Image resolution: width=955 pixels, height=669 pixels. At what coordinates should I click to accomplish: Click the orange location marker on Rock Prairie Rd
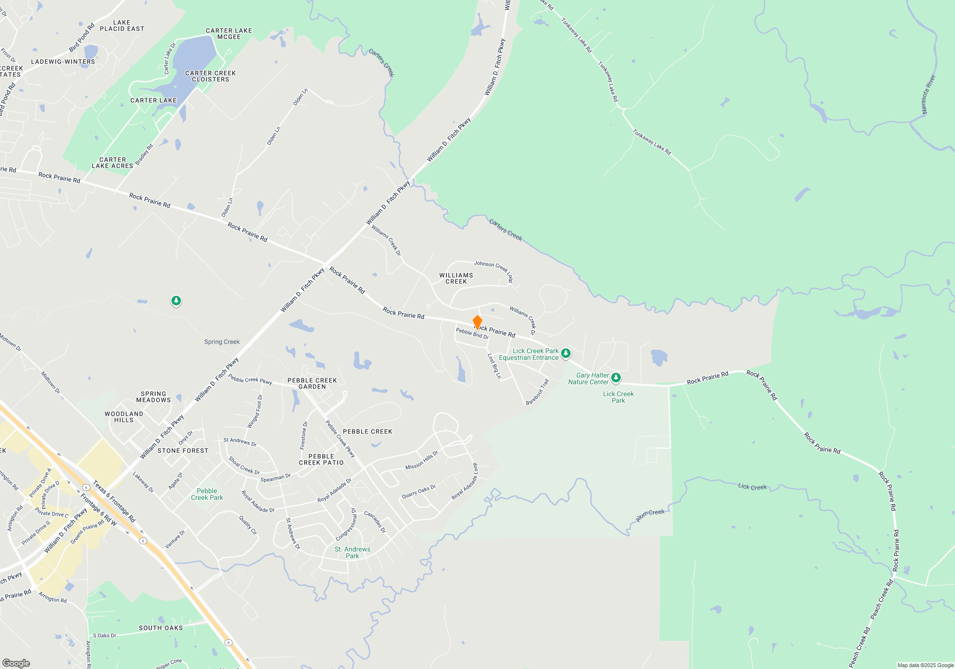pos(477,322)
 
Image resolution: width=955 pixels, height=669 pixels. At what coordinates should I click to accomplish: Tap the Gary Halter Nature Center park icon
pos(616,378)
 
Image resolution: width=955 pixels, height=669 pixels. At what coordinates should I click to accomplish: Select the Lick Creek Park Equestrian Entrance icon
pos(566,354)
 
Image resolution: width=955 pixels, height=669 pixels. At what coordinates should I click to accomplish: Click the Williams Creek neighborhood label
pos(456,279)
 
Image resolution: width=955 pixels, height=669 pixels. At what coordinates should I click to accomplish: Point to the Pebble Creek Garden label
pos(312,384)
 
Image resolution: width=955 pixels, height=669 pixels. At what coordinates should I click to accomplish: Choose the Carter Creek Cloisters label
pos(211,76)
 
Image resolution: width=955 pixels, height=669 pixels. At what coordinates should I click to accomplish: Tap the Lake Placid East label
pos(122,26)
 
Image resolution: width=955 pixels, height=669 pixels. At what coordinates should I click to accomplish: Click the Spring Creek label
pos(222,342)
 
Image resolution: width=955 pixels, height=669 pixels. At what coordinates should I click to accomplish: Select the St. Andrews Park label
pos(352,552)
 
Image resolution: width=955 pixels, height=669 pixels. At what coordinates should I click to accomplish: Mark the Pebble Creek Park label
pos(207,494)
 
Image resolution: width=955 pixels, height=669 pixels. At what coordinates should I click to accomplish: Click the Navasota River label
pos(928,95)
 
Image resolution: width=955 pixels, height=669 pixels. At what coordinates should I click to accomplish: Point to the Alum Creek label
pos(650,515)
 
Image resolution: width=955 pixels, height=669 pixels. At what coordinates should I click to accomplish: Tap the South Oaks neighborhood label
pos(161,628)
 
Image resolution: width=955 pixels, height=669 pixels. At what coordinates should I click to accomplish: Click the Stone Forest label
pos(183,451)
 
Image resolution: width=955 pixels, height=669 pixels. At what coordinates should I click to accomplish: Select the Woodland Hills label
pos(124,417)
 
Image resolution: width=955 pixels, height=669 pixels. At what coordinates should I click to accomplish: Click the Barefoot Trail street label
pos(538,392)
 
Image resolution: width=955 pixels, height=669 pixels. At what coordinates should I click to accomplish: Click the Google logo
pos(16,663)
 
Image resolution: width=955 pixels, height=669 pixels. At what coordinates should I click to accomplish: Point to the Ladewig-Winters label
pos(63,62)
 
